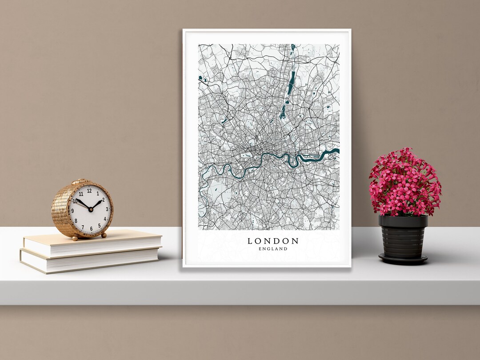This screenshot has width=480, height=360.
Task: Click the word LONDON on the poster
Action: [x=273, y=241]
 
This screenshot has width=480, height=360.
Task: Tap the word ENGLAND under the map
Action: [x=273, y=249]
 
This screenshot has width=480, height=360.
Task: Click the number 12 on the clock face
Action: [x=89, y=191]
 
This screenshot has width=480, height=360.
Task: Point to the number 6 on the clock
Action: [x=92, y=228]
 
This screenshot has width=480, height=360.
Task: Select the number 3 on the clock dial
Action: [x=107, y=209]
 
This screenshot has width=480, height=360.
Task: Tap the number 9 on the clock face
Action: [x=72, y=211]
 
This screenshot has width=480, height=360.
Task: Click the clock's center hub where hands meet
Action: [x=90, y=209]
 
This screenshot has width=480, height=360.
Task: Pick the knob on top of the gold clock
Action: [x=80, y=181]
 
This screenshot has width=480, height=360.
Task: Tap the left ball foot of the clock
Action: [x=75, y=238]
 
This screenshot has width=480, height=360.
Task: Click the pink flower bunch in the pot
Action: [x=404, y=182]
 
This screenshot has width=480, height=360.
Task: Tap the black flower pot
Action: [x=403, y=236]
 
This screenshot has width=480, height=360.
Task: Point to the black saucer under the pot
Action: [x=403, y=259]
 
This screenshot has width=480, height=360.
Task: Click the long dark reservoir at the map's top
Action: [x=292, y=82]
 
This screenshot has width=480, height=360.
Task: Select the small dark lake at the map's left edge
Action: [x=201, y=79]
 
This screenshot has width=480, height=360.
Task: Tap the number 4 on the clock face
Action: [x=105, y=219]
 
